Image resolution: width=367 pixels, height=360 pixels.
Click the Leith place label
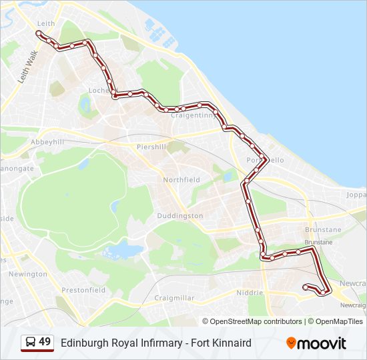click(46, 23)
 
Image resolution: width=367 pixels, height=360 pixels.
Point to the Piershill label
click(151, 147)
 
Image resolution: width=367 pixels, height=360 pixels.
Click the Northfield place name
click(181, 180)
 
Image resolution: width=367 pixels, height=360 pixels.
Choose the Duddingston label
click(180, 216)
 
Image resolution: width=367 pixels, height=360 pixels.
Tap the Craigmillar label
click(173, 298)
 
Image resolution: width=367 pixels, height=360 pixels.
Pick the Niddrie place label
click(250, 293)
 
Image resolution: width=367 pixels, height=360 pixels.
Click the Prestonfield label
click(83, 290)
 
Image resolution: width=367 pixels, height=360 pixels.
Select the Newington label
click(28, 274)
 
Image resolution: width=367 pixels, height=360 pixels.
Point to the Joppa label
click(357, 196)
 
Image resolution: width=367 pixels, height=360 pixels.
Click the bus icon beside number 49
click(30, 343)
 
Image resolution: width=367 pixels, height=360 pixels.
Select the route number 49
click(45, 342)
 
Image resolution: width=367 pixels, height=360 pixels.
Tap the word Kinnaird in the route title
click(232, 343)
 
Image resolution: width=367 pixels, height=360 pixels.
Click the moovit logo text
click(322, 343)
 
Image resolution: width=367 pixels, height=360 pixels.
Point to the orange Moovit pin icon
click(291, 343)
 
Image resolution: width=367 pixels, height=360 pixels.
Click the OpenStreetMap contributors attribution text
click(256, 321)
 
